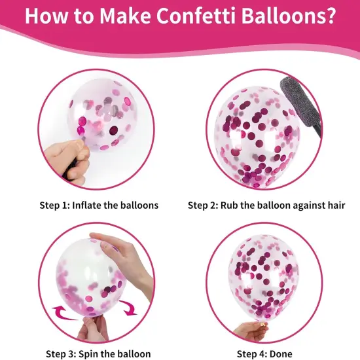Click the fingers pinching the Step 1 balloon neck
65,157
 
